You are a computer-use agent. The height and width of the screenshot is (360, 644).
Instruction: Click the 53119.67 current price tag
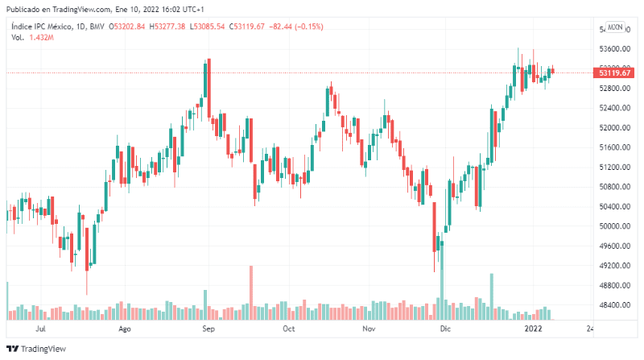[615, 73]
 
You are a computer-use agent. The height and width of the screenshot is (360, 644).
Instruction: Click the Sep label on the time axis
[208, 329]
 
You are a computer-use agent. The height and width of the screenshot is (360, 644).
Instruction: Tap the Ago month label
[125, 329]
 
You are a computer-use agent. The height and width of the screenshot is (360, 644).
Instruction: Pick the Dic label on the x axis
[444, 329]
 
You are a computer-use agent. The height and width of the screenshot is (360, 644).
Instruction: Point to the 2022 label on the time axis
[534, 329]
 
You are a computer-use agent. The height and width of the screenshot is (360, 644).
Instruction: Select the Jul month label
[41, 329]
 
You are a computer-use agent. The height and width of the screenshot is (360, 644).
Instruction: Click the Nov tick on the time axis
[369, 329]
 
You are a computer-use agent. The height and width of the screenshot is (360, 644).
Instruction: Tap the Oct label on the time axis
[288, 329]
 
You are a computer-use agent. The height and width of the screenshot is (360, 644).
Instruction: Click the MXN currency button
[616, 27]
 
